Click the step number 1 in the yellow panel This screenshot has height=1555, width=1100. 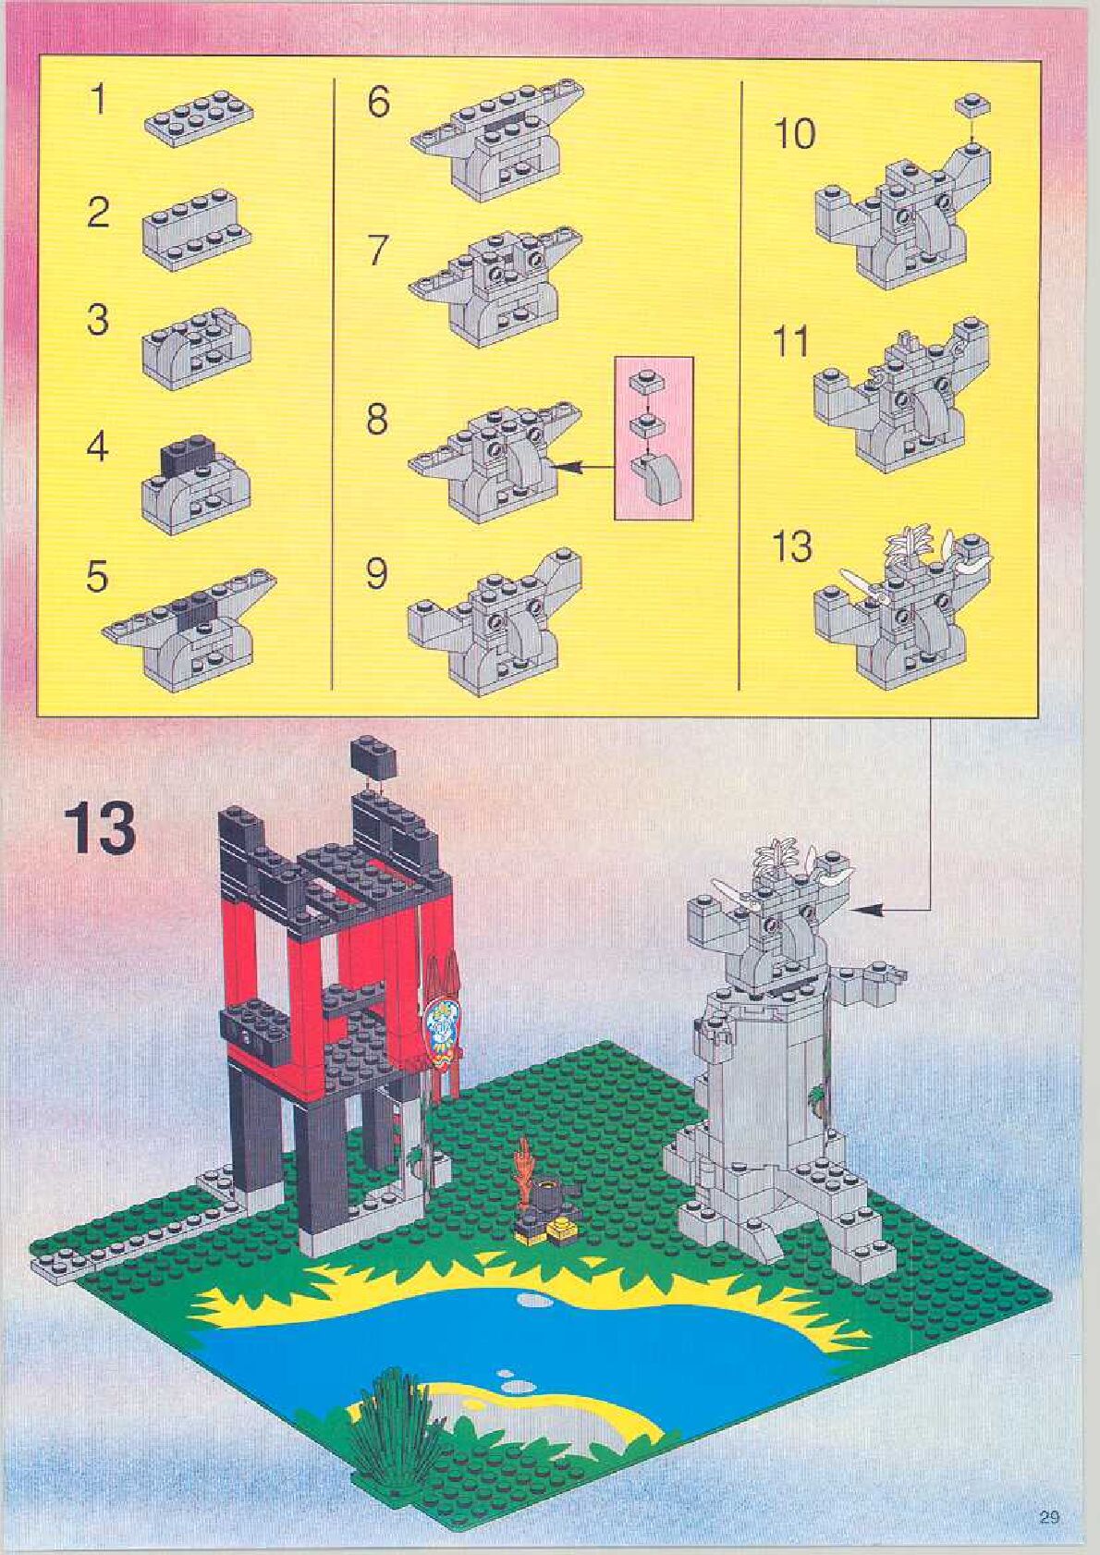pyautogui.click(x=97, y=99)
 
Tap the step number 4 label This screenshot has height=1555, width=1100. pyautogui.click(x=97, y=447)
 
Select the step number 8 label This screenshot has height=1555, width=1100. pyautogui.click(x=376, y=420)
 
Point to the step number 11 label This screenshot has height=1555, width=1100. pyautogui.click(x=791, y=343)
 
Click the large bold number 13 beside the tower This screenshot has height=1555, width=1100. pyautogui.click(x=100, y=827)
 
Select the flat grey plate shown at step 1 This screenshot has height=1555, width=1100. pyautogui.click(x=200, y=119)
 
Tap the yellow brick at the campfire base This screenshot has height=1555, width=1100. pyautogui.click(x=561, y=1228)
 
